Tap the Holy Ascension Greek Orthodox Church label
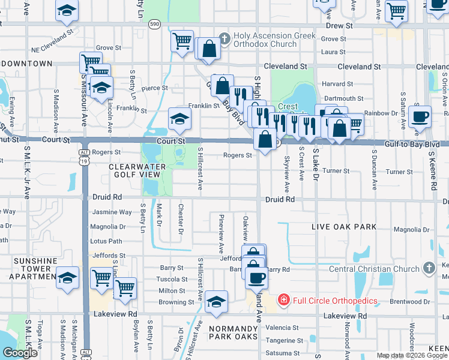tap(265, 40)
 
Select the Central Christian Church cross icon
tap(429, 268)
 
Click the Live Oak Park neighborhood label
tap(344, 227)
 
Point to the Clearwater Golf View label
tap(134, 170)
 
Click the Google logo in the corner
tap(20, 353)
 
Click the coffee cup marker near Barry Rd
tap(256, 277)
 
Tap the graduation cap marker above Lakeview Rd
tap(216, 301)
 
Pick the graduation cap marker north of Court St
tap(179, 118)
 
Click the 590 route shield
tap(155, 24)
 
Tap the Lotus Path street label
tap(106, 241)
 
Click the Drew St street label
tap(339, 26)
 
